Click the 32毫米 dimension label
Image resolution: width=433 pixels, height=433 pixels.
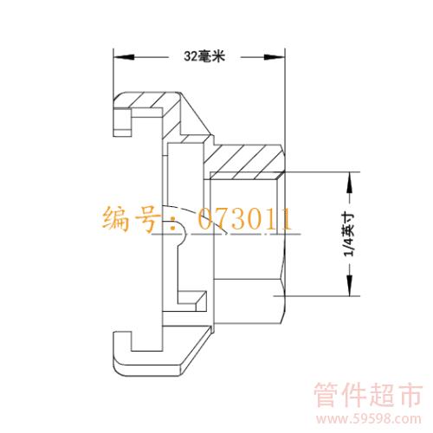(x=204, y=56)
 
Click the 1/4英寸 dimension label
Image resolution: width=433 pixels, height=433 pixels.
(x=348, y=235)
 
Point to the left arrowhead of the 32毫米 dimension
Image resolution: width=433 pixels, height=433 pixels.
(x=124, y=57)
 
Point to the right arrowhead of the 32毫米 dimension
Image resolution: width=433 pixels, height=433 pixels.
(x=275, y=57)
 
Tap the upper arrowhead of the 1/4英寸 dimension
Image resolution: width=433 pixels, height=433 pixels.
(x=350, y=183)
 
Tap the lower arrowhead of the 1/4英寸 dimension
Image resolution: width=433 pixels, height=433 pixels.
(x=350, y=285)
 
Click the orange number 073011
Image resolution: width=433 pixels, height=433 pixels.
(x=245, y=218)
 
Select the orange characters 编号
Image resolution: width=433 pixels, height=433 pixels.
(x=132, y=218)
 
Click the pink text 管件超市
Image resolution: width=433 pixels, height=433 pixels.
(x=368, y=395)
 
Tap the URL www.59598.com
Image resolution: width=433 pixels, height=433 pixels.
(x=368, y=419)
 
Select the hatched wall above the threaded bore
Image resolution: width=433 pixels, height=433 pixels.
(x=244, y=161)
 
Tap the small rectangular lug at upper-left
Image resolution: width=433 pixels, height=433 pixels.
(x=123, y=122)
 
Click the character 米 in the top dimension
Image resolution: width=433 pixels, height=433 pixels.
(x=218, y=56)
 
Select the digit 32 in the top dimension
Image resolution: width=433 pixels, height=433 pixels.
(x=191, y=56)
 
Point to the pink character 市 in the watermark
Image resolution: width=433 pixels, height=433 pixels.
(x=410, y=395)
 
